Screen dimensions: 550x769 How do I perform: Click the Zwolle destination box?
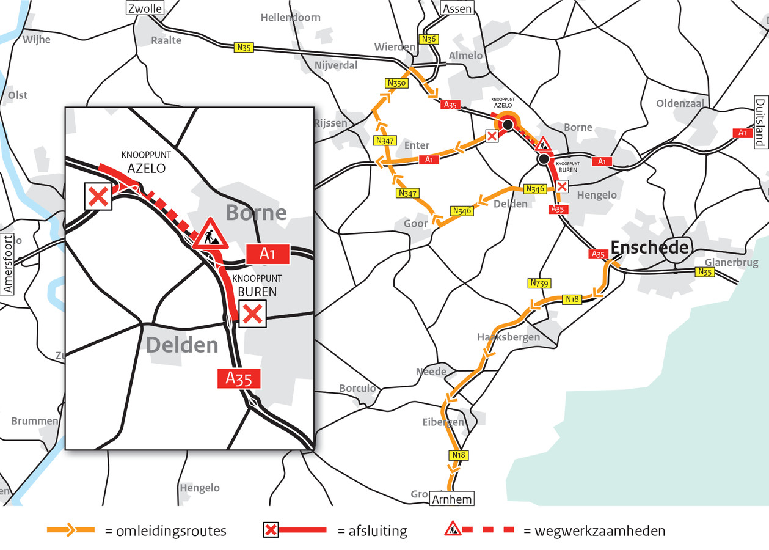144,9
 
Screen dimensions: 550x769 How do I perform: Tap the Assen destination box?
457,9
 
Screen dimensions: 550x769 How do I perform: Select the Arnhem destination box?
451,499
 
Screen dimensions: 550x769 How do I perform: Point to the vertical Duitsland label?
760,122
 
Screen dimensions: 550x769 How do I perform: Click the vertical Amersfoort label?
8,264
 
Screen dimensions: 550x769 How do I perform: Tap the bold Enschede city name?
649,248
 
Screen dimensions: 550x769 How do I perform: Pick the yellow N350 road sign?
395,82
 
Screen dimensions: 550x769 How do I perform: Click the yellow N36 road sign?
429,39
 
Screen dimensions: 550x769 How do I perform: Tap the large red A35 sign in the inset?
239,379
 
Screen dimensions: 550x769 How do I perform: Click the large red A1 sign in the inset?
267,254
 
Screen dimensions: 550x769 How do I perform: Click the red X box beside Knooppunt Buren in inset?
252,314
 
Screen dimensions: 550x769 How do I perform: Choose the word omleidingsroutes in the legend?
166,531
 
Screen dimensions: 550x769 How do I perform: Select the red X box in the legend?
271,530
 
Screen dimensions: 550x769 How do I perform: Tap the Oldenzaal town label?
680,103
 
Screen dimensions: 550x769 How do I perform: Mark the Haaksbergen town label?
508,337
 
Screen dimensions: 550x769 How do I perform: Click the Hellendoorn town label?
290,18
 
